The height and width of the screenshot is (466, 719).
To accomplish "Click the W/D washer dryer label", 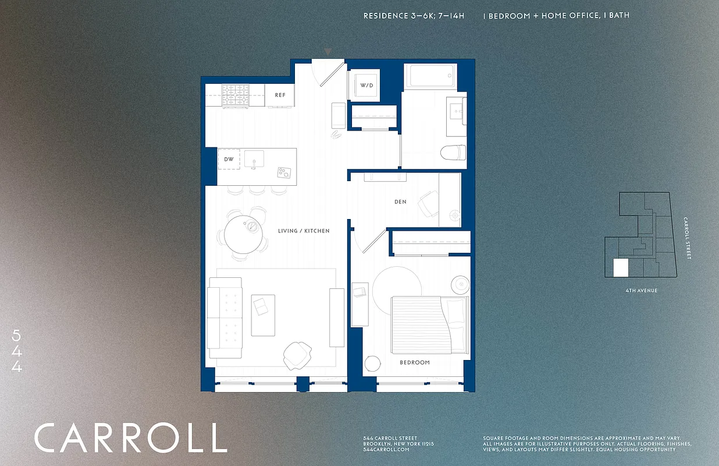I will click(x=366, y=86).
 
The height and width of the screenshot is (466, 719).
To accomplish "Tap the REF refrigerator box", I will click(x=280, y=95).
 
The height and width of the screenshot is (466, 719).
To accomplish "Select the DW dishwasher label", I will click(x=229, y=159).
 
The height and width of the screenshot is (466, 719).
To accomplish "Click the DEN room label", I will click(x=400, y=202).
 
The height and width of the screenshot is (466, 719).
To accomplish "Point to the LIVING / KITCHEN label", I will click(x=304, y=231).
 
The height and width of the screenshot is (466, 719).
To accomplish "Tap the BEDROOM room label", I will click(x=415, y=362).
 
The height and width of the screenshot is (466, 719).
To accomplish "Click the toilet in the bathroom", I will click(x=453, y=153).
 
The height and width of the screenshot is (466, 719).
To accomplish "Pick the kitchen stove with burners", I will click(x=236, y=96).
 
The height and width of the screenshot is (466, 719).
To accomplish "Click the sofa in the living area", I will click(x=225, y=317).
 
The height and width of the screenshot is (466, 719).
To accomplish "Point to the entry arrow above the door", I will click(x=328, y=52).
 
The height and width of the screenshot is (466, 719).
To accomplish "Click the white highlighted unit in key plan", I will click(x=621, y=268).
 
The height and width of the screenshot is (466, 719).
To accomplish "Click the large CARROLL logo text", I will click(x=130, y=438).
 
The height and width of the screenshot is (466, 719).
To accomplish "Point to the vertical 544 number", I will click(x=16, y=351).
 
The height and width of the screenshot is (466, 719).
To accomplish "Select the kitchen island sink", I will click(x=254, y=158).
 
